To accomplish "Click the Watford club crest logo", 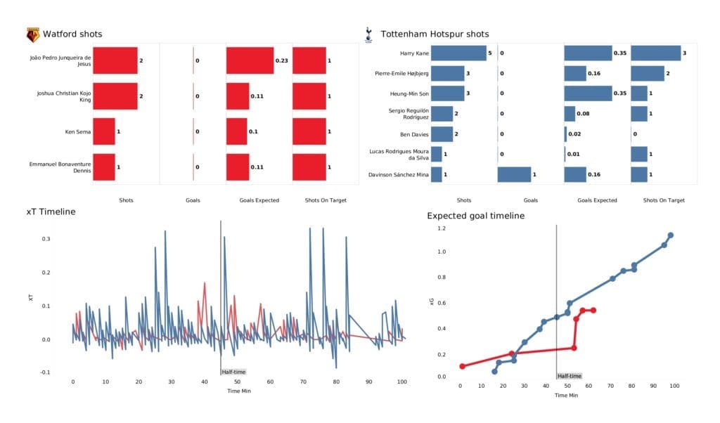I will click(x=32, y=34).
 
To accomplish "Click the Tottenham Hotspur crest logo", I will click(x=368, y=34).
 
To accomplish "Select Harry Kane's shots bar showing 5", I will click(x=458, y=53).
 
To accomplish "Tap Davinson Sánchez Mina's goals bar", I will click(x=514, y=175).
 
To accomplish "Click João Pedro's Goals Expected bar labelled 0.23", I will click(x=250, y=60).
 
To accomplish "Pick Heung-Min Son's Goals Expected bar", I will click(x=588, y=93).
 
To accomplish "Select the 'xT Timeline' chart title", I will click(x=51, y=211).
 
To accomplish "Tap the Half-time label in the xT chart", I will click(x=233, y=372).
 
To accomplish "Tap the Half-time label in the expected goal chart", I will click(x=569, y=377).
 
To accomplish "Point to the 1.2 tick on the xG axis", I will click(x=442, y=228).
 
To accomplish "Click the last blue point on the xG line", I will click(x=671, y=235).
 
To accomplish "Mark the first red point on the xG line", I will click(x=462, y=366).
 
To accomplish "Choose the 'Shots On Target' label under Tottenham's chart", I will click(x=664, y=200).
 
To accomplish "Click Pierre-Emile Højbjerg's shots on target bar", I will click(x=648, y=73).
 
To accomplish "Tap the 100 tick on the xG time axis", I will click(x=674, y=386).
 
